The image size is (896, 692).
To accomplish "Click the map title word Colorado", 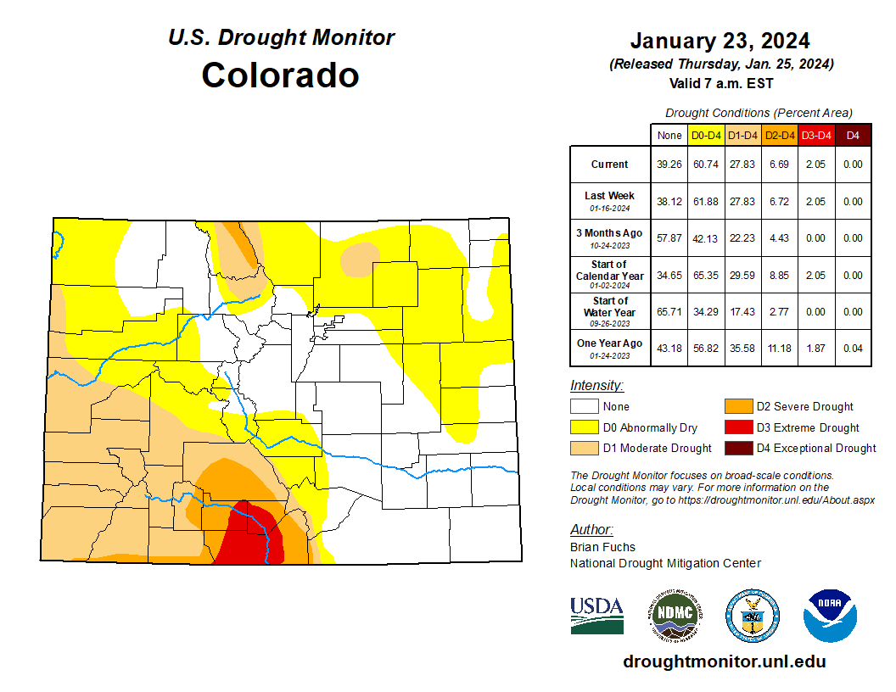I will pyautogui.click(x=280, y=75).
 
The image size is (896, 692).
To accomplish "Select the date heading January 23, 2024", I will pyautogui.click(x=720, y=41).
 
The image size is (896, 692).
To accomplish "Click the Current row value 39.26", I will pyautogui.click(x=669, y=165).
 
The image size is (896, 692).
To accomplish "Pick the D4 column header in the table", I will pyautogui.click(x=853, y=135).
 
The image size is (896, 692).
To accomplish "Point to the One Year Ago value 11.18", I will pyautogui.click(x=779, y=349).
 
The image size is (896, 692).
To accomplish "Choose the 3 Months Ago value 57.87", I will pyautogui.click(x=669, y=238).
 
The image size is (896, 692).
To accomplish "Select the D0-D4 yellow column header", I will pyautogui.click(x=706, y=135).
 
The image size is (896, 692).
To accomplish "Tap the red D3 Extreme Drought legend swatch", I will pyautogui.click(x=737, y=427).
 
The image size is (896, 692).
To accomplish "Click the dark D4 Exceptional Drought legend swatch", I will pyautogui.click(x=737, y=448).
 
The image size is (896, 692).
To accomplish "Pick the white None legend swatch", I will pyautogui.click(x=584, y=406).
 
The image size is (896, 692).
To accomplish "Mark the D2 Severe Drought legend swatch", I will pyautogui.click(x=737, y=406).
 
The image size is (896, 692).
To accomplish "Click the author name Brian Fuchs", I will pyautogui.click(x=602, y=547).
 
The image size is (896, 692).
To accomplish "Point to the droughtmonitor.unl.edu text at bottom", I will pyautogui.click(x=724, y=661).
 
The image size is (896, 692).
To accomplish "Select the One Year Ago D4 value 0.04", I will pyautogui.click(x=853, y=349).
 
